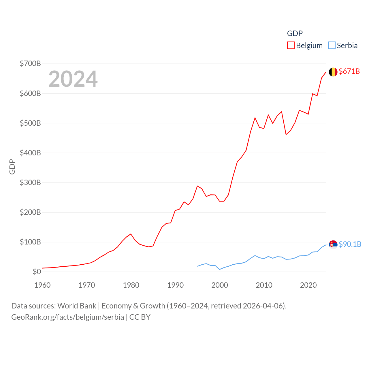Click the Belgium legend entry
(305, 46)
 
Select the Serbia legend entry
(343, 46)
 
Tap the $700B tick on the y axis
(30, 63)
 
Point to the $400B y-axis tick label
(30, 153)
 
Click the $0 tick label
(37, 272)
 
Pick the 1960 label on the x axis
(42, 285)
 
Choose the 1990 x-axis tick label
(175, 285)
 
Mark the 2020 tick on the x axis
(308, 285)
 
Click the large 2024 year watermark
(73, 79)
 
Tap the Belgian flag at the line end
(333, 72)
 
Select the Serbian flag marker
(333, 244)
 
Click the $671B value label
(349, 71)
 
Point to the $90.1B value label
(350, 244)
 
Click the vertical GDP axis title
(12, 167)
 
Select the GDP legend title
(295, 33)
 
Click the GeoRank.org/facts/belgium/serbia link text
(67, 317)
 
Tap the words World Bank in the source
(77, 306)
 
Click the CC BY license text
(140, 317)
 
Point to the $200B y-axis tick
(30, 212)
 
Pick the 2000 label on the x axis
(220, 285)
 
